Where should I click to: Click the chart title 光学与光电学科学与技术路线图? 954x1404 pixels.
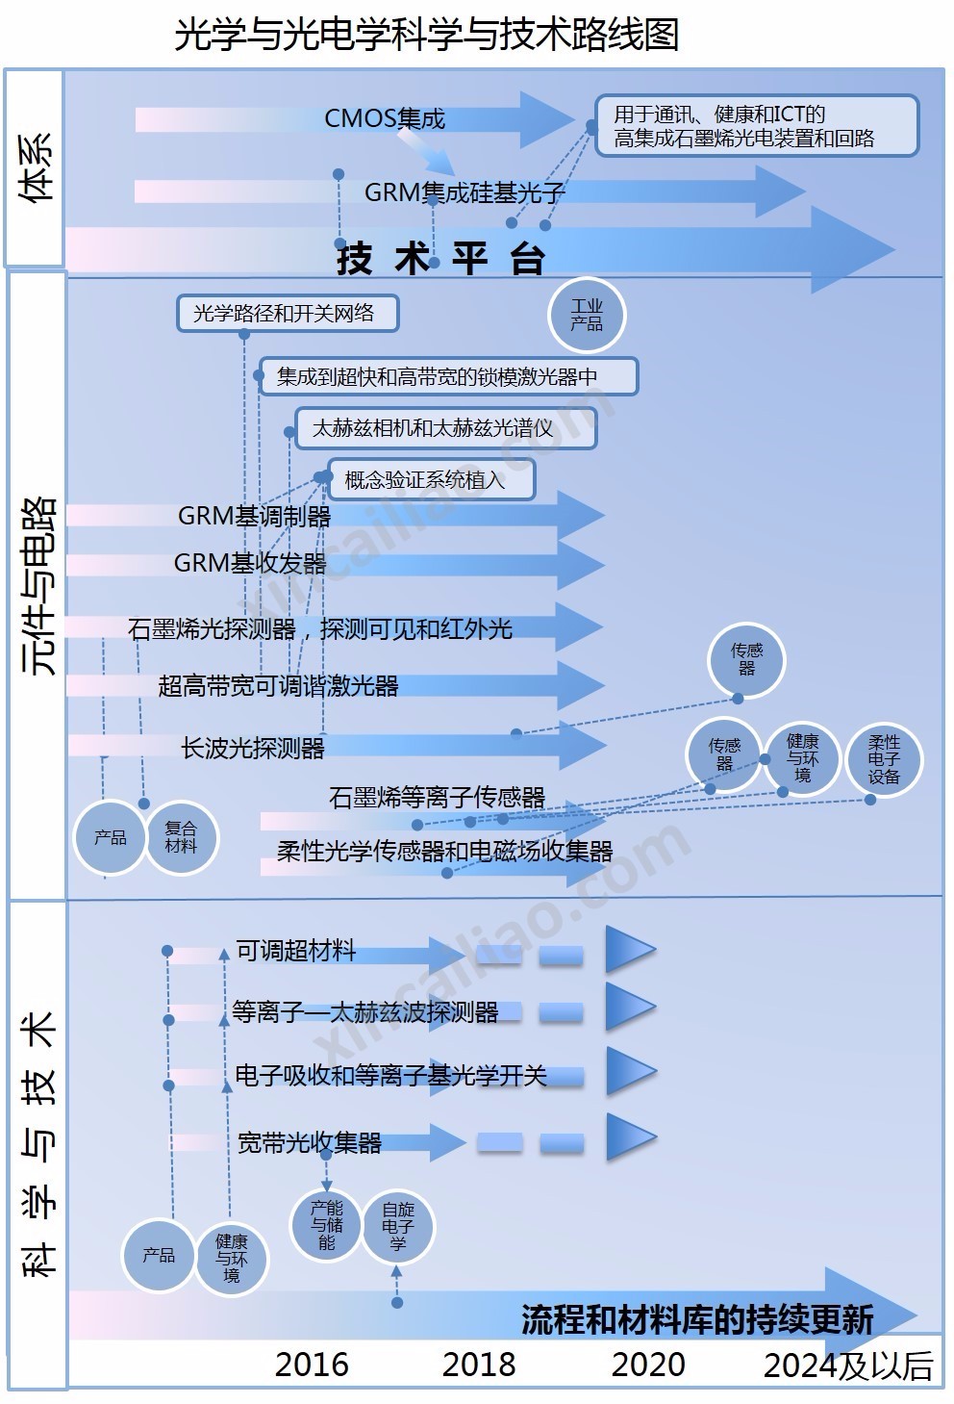426,36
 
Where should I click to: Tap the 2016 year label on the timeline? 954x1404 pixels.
312,1364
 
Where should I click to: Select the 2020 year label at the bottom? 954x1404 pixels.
648,1364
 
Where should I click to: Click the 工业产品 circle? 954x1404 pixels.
587,316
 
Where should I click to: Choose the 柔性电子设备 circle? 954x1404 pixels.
884,759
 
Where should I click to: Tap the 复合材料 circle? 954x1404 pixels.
181,836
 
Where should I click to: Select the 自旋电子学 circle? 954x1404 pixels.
397,1226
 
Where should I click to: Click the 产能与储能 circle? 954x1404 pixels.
327,1224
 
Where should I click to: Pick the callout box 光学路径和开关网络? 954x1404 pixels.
288,314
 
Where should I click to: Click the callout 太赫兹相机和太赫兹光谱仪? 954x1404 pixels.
445,428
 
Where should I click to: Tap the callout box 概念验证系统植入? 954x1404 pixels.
430,479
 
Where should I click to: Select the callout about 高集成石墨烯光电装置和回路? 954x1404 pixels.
756,126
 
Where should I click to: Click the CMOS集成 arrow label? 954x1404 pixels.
385,118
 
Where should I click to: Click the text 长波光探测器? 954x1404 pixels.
253,748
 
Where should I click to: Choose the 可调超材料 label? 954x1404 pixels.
296,951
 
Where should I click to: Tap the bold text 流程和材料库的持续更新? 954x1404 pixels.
697,1318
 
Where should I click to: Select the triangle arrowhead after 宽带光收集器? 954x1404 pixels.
629,1139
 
